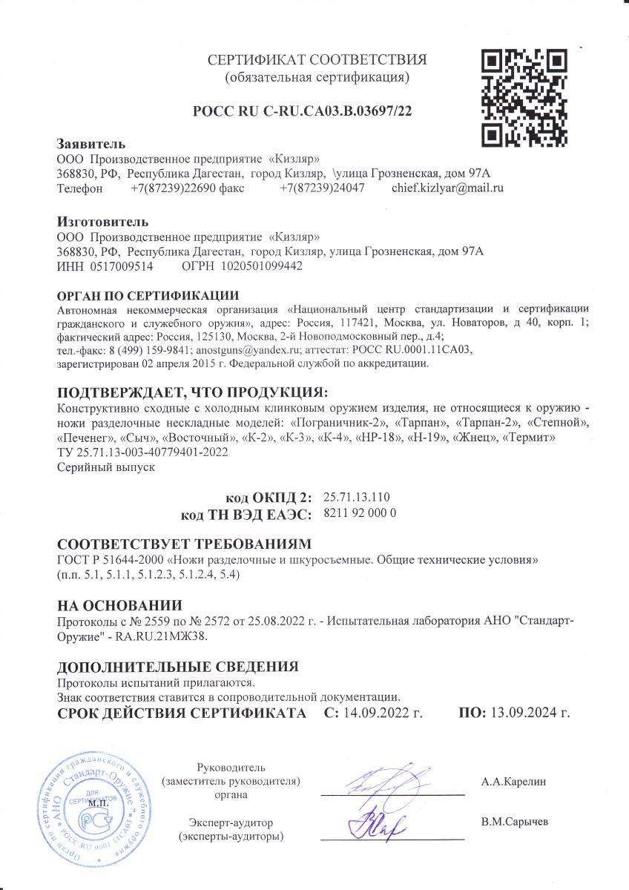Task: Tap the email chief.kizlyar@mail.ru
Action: point(447,188)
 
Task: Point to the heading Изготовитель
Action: point(103,222)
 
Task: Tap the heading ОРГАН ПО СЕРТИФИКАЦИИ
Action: point(148,296)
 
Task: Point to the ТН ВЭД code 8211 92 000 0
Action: point(361,512)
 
